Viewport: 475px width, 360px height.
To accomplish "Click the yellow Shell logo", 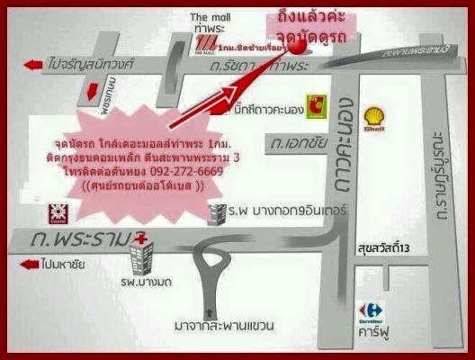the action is click(374, 117).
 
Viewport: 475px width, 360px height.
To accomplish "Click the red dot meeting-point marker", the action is click(300, 55).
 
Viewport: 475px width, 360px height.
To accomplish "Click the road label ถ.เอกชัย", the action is click(291, 142).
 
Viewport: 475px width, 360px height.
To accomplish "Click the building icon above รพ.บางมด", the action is click(141, 259).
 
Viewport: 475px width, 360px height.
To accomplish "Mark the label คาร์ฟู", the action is click(371, 328).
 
